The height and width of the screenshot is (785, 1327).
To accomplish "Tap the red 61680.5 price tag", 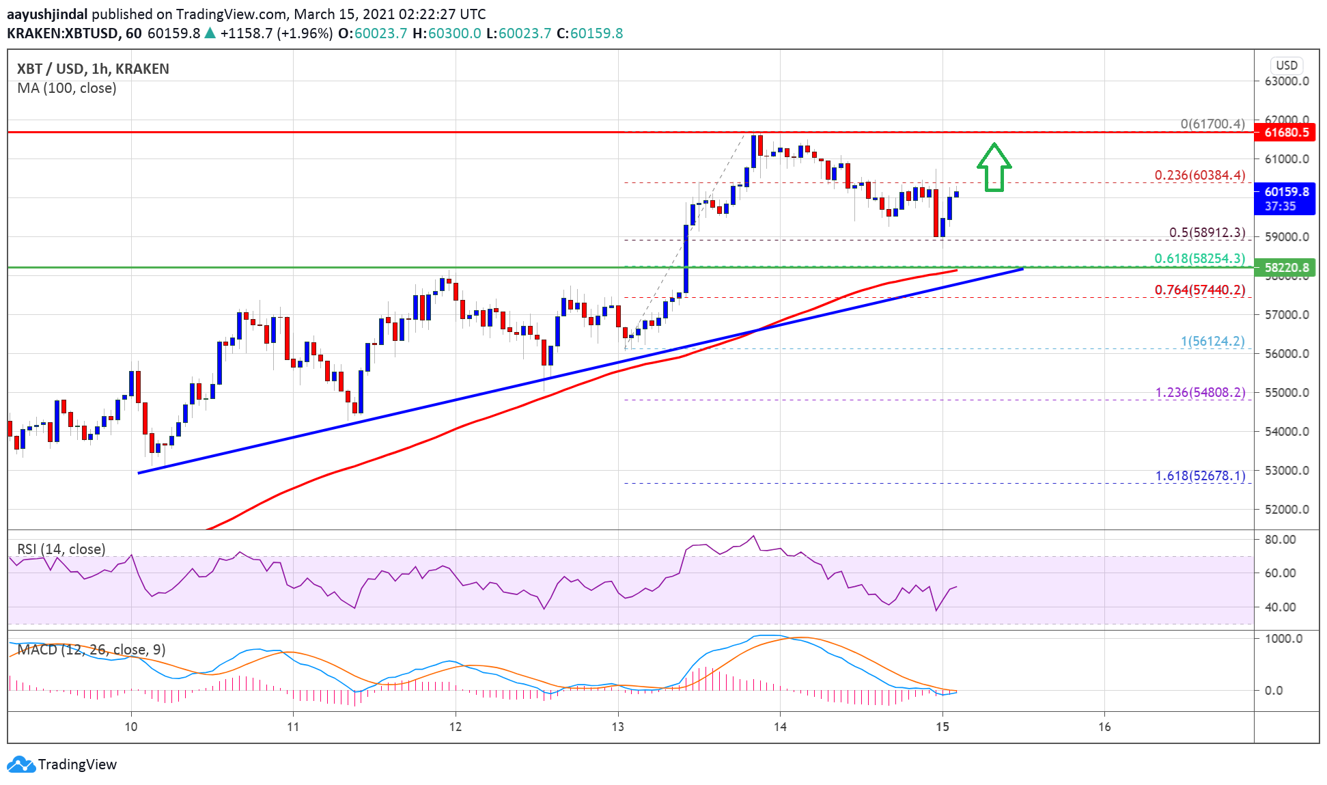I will coord(1285,133).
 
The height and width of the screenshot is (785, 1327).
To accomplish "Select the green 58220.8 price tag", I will coord(1285,268).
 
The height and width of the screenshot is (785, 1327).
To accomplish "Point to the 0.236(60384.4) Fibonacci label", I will coord(1199,176).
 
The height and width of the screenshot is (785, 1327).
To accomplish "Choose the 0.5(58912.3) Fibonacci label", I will coord(1207,233).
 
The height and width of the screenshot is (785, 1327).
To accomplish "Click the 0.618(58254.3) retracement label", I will coord(1199,259).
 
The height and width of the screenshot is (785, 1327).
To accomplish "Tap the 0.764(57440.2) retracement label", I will coord(1199,290).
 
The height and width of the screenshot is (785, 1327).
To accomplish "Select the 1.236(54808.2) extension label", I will coord(1200,393).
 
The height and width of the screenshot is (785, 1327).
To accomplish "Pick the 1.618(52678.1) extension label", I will coord(1200,476).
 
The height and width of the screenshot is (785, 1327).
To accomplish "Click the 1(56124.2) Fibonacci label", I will coord(1212,342).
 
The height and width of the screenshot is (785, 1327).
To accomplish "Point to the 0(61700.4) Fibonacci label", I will coord(1212,124).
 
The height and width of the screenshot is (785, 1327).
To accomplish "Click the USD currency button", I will coord(1287,66).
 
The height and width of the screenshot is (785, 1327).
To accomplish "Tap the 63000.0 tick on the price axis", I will coord(1287,81).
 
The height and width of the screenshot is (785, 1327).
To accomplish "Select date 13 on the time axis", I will coord(617,727).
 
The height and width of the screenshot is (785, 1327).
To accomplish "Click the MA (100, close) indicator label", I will coord(67,88).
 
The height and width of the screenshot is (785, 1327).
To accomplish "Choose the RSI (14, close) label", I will coord(61,549).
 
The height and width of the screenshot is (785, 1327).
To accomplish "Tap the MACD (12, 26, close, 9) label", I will coord(92,650).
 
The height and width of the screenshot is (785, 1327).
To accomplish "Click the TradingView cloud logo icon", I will coord(20,765).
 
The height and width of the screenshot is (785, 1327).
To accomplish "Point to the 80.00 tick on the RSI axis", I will coord(1280,540).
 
